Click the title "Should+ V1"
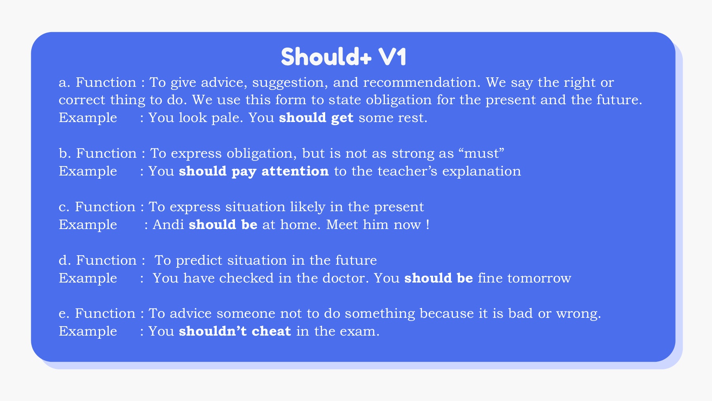343,57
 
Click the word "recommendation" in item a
422,82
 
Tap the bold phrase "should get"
316,118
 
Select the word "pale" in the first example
227,118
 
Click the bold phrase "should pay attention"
254,172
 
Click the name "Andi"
169,225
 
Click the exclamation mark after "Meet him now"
428,225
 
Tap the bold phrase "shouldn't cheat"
235,331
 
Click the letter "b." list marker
64,153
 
